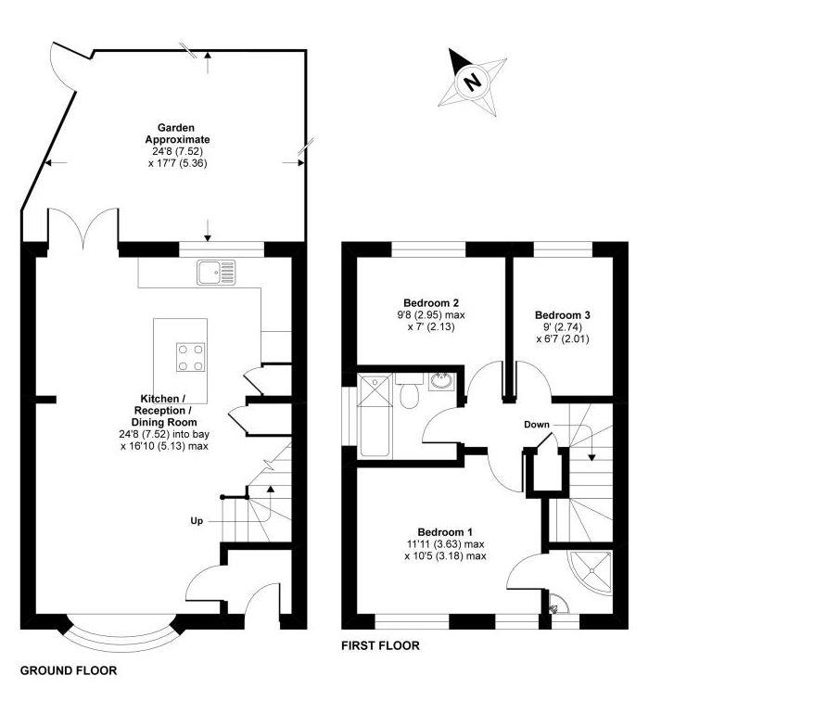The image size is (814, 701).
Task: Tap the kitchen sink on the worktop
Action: coord(216,272)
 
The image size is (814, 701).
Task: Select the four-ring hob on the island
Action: coord(192,356)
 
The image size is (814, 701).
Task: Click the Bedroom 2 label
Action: coord(432,303)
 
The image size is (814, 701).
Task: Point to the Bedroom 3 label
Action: coord(562,315)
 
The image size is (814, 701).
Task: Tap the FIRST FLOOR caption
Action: coord(381,646)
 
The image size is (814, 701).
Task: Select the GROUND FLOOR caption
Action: coord(69,670)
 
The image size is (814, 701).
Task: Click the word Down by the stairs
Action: coord(536,425)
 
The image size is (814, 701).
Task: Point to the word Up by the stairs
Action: coord(197,521)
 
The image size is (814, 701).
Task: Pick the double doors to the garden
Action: coord(83,232)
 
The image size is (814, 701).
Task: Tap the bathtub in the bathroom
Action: coord(376,414)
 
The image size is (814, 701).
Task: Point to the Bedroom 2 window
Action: coord(428,249)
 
